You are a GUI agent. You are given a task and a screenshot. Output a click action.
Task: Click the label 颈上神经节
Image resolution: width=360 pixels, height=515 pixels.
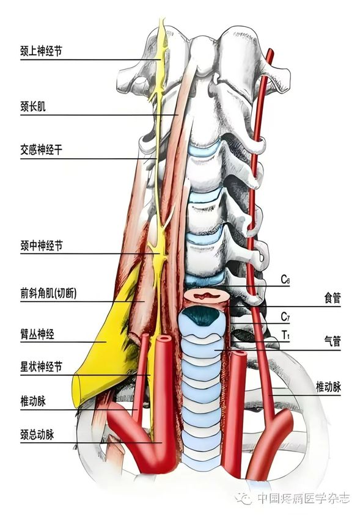click(x=41, y=51)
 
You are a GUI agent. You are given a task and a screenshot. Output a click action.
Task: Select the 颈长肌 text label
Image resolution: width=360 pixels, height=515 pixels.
click(x=33, y=106)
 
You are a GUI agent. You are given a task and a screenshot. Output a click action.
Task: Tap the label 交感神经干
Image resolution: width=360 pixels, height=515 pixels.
click(x=41, y=150)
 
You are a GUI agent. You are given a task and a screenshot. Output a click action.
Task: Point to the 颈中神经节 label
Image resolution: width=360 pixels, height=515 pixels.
click(x=41, y=246)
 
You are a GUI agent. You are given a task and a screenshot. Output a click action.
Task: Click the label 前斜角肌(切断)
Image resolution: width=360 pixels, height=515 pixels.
click(x=49, y=293)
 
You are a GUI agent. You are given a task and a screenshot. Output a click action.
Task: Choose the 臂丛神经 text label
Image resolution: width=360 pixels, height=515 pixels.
click(x=37, y=334)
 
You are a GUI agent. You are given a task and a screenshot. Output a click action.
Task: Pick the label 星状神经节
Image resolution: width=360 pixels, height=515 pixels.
click(x=41, y=367)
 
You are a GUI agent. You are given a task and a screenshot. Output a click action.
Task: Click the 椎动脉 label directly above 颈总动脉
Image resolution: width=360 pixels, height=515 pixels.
click(x=33, y=401)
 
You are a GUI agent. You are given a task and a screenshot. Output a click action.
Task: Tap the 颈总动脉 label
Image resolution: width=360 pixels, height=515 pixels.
click(x=37, y=434)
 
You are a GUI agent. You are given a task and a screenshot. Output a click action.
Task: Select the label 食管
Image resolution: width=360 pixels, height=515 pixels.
click(x=332, y=298)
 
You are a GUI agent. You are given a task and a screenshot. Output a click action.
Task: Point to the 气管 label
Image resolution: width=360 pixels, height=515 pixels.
click(x=332, y=342)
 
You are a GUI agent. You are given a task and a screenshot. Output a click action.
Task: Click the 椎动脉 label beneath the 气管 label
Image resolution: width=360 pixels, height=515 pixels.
click(x=328, y=387)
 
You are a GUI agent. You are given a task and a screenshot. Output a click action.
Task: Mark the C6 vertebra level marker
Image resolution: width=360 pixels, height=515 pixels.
click(x=285, y=279)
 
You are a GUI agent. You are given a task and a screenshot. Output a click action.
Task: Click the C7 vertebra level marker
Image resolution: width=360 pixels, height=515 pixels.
click(x=285, y=316)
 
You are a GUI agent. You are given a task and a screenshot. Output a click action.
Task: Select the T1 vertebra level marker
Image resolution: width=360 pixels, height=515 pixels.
click(x=285, y=335)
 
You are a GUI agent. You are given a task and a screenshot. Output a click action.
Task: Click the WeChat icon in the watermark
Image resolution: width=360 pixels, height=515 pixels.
click(x=243, y=499)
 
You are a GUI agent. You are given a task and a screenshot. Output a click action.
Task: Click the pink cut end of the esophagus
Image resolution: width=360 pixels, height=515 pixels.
click(x=205, y=296)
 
